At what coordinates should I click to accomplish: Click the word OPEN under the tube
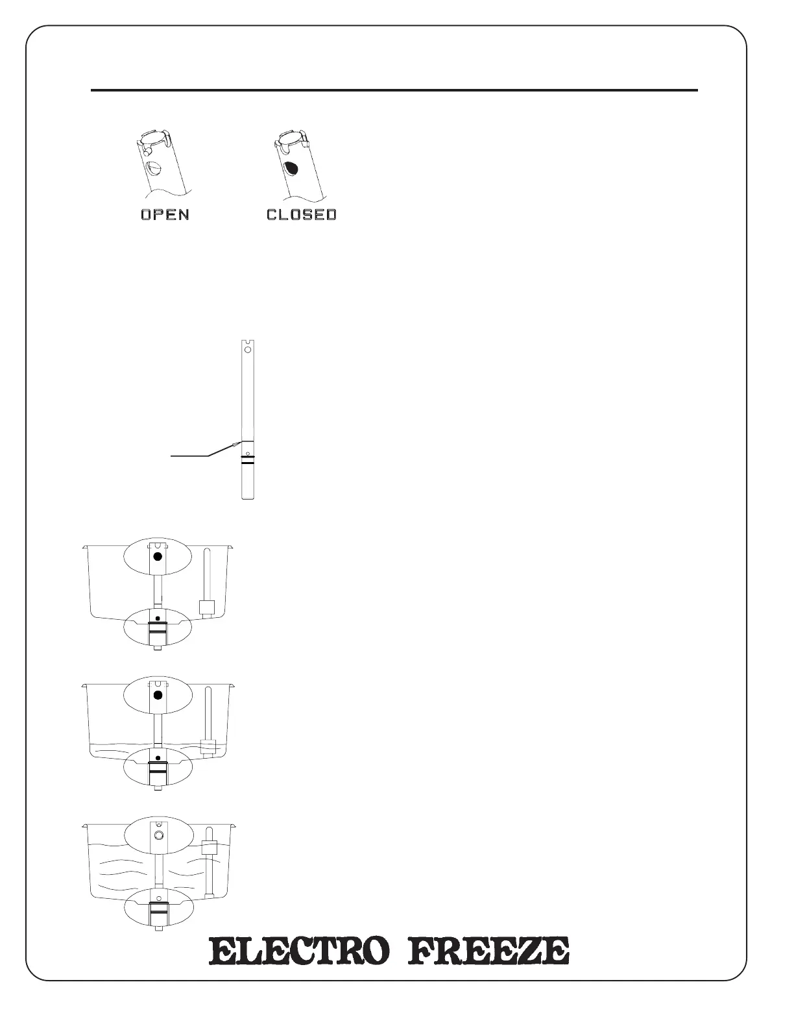tap(165, 214)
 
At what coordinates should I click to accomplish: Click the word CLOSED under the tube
tap(302, 214)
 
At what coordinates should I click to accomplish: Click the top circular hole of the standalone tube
tap(247, 348)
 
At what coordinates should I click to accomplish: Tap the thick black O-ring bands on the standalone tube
tap(247, 461)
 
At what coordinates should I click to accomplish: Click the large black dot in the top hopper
tap(156, 557)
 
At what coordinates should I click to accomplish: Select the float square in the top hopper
tap(206, 607)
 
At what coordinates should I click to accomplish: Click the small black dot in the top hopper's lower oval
tap(158, 618)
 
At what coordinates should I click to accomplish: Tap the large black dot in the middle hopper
tap(157, 695)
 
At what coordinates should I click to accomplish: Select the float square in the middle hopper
tap(207, 747)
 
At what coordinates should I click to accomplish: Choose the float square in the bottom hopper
tap(209, 848)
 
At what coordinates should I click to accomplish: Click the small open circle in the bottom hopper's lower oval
tap(158, 898)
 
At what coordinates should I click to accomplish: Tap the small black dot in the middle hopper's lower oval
tap(158, 758)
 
